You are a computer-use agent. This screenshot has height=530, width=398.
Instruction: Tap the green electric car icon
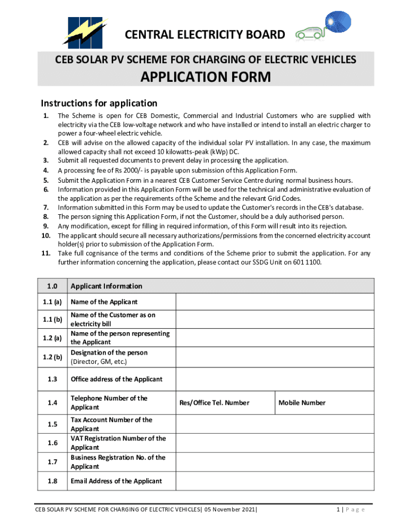pos(308,35)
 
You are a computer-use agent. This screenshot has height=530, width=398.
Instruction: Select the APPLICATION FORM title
pos(206,78)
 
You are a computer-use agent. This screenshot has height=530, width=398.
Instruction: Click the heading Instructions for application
pos(99,103)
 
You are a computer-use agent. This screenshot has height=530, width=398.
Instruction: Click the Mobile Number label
pos(302,403)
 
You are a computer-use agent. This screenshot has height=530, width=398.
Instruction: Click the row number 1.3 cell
pos(52,379)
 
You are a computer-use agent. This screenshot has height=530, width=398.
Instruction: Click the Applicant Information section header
pos(106,286)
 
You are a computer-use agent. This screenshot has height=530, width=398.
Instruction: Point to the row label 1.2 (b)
pos(52,357)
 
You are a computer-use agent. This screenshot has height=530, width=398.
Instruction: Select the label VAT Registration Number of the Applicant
pos(118,443)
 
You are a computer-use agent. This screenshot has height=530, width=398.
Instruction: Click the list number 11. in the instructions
pos(45,253)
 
